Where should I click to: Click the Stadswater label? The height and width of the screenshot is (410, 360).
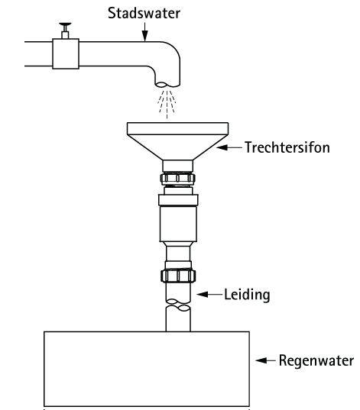(144, 13)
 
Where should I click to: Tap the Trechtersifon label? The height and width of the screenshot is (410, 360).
(287, 147)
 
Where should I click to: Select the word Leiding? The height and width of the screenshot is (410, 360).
(247, 295)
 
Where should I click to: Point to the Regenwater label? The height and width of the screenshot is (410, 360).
(316, 360)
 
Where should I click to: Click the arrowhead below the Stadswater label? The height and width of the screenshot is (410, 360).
(144, 36)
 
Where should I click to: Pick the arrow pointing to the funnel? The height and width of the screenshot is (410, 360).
(229, 147)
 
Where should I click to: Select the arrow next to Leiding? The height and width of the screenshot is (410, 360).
(209, 295)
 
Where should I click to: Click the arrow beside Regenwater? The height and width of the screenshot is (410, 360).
(265, 360)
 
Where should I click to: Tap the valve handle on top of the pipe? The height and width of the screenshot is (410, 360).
(65, 25)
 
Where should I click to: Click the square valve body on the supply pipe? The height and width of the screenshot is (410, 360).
(66, 54)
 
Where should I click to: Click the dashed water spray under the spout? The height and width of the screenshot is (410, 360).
(167, 104)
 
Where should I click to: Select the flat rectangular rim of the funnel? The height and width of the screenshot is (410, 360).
(177, 128)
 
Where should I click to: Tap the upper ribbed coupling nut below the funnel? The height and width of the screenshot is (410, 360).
(178, 179)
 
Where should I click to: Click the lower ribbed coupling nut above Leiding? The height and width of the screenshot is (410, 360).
(178, 276)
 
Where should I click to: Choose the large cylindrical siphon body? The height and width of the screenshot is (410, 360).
(178, 224)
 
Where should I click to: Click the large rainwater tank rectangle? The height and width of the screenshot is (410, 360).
(147, 370)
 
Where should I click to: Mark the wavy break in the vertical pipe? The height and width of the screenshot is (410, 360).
(178, 305)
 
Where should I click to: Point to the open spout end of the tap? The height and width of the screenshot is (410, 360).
(167, 85)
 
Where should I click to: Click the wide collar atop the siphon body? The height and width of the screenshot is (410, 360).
(178, 200)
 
